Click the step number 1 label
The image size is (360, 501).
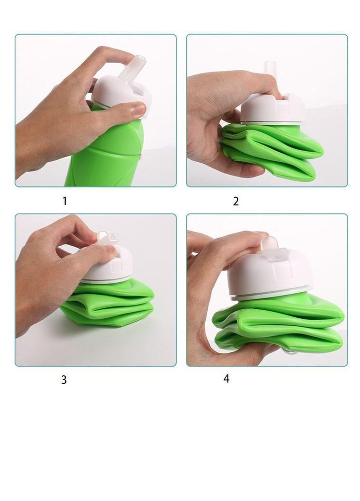pyautogui.click(x=65, y=201)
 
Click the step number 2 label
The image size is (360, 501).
pyautogui.click(x=236, y=201)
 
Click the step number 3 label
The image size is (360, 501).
pyautogui.click(x=64, y=380)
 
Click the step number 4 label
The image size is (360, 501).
pyautogui.click(x=226, y=379)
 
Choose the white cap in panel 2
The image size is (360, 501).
pyautogui.click(x=271, y=108)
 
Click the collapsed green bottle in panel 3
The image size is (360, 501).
pyautogui.click(x=107, y=304)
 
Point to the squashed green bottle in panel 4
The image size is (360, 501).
pyautogui.click(x=278, y=326)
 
